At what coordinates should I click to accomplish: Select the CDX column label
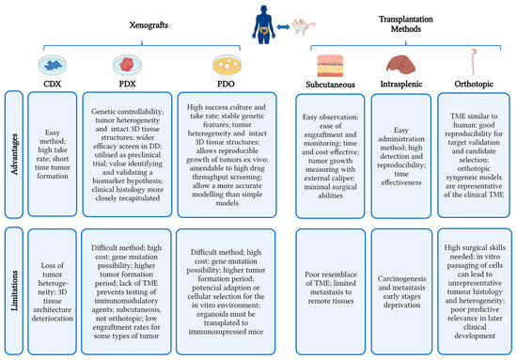[x=52, y=81]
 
